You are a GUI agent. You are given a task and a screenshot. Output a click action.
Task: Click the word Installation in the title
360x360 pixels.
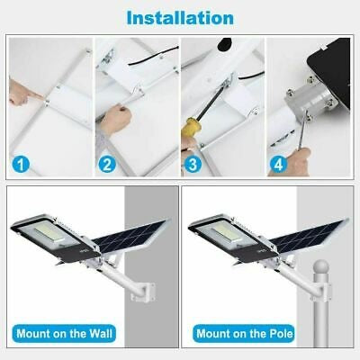[179, 17]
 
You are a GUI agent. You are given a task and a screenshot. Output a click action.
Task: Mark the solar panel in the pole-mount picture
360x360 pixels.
[306, 229]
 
